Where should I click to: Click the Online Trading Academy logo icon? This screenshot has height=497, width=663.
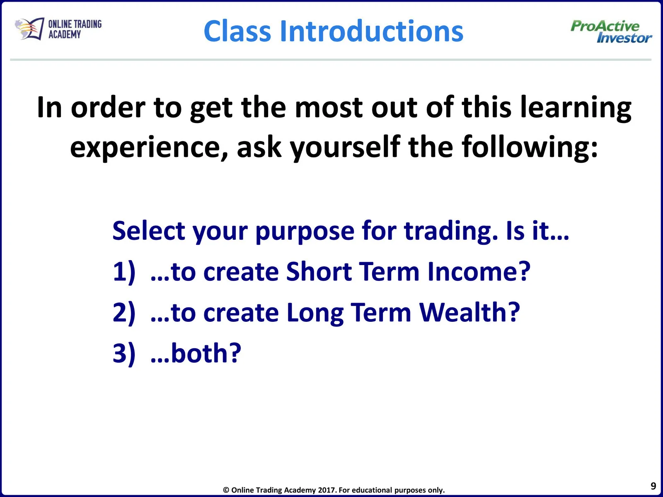[29, 29]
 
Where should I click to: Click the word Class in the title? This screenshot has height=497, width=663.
[237, 31]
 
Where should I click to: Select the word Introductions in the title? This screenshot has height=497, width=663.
[372, 31]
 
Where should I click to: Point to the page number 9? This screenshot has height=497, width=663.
[653, 486]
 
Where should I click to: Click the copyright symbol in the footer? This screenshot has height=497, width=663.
[226, 490]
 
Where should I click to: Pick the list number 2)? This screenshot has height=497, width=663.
[124, 313]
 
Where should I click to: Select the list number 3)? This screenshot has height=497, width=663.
[124, 354]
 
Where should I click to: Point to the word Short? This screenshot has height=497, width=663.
[319, 271]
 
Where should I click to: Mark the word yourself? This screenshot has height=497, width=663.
[345, 147]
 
